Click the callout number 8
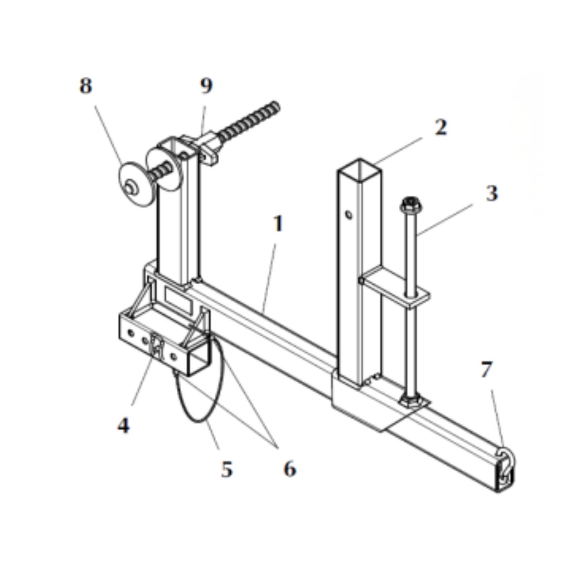coord(86,86)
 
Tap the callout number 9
coord(206,86)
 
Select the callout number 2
coord(441,127)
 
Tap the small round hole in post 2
coord(349,215)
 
